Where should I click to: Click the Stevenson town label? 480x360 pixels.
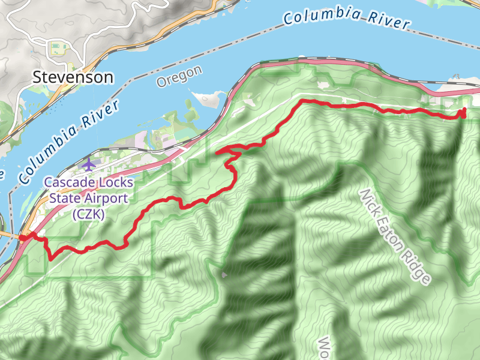(x=73, y=77)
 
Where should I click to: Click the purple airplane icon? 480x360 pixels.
(x=89, y=164)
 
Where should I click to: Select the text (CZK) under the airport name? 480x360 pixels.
(x=88, y=214)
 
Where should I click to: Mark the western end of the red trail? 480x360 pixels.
(x=23, y=238)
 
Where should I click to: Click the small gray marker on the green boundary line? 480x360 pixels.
(x=224, y=275)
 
